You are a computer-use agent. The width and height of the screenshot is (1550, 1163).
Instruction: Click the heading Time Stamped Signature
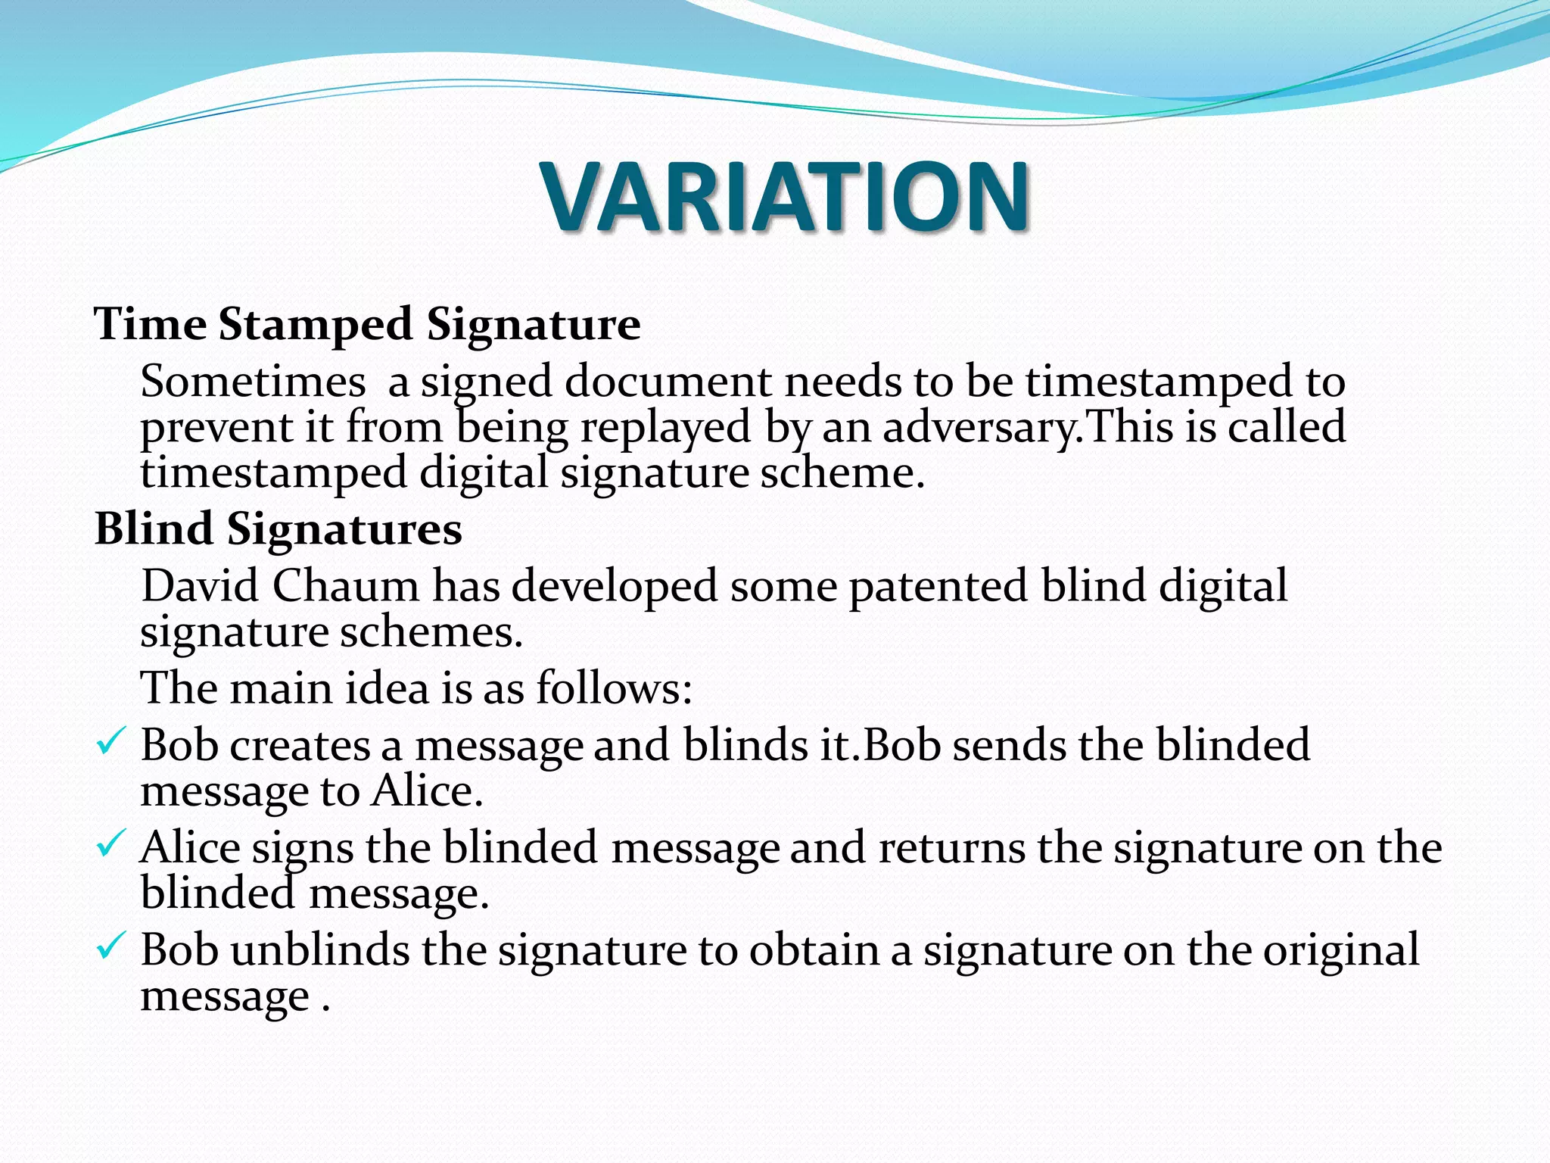pyautogui.click(x=367, y=325)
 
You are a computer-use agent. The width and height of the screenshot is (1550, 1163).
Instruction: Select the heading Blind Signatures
pyautogui.click(x=278, y=528)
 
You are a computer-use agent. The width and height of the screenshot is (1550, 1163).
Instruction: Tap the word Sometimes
pyautogui.click(x=253, y=381)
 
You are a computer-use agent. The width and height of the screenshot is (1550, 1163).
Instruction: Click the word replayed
pyautogui.click(x=665, y=429)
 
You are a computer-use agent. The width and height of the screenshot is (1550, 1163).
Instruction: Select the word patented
pyautogui.click(x=938, y=588)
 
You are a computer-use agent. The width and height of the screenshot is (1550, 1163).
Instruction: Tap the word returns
pyautogui.click(x=951, y=848)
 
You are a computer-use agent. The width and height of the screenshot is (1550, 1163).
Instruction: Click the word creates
pyautogui.click(x=300, y=746)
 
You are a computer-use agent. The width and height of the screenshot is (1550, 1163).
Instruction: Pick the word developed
pyautogui.click(x=614, y=588)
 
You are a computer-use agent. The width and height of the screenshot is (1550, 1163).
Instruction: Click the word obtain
pyautogui.click(x=814, y=949)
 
